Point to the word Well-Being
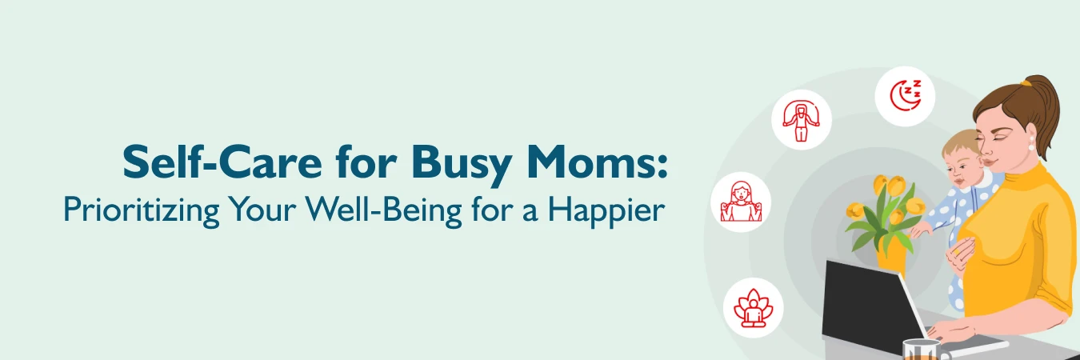[375, 210]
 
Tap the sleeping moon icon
[905, 96]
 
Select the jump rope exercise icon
[801, 120]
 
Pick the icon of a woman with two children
[741, 202]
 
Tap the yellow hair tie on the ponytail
[1025, 82]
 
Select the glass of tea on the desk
[920, 350]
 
